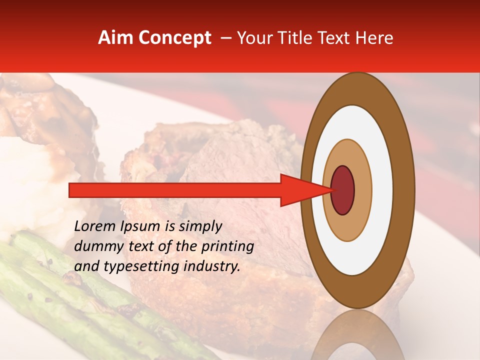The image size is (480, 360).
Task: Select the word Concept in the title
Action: [173, 38]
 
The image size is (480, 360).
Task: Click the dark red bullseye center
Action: [342, 190]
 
